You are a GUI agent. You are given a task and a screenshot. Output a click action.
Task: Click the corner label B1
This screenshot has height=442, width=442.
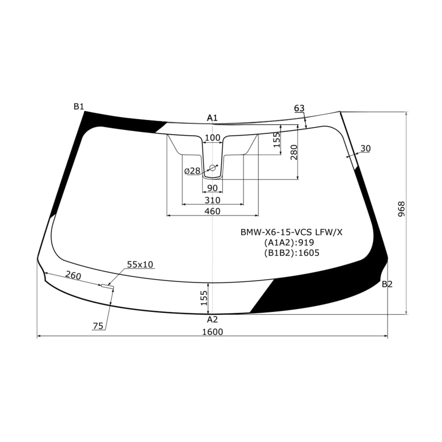pyautogui.click(x=79, y=106)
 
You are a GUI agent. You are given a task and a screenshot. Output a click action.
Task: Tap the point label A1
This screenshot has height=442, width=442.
pyautogui.click(x=212, y=118)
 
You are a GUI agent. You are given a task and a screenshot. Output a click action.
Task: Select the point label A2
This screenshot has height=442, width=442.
pyautogui.click(x=212, y=319)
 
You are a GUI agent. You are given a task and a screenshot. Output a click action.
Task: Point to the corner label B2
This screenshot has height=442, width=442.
pyautogui.click(x=387, y=284)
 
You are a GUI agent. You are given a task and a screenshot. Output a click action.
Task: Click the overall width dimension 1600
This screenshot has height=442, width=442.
pyautogui.click(x=213, y=332)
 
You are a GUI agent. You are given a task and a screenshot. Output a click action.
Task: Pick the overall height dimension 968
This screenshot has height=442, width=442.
pyautogui.click(x=401, y=209)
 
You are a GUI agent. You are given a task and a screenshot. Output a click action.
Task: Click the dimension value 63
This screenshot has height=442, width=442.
pyautogui.click(x=299, y=108)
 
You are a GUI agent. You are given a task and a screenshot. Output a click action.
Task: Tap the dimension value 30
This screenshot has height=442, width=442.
pyautogui.click(x=366, y=148)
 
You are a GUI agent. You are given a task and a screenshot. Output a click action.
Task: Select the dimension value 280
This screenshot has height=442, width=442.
pyautogui.click(x=294, y=152)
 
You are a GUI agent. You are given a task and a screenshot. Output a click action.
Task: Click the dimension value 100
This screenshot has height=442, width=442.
pyautogui.click(x=213, y=138)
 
